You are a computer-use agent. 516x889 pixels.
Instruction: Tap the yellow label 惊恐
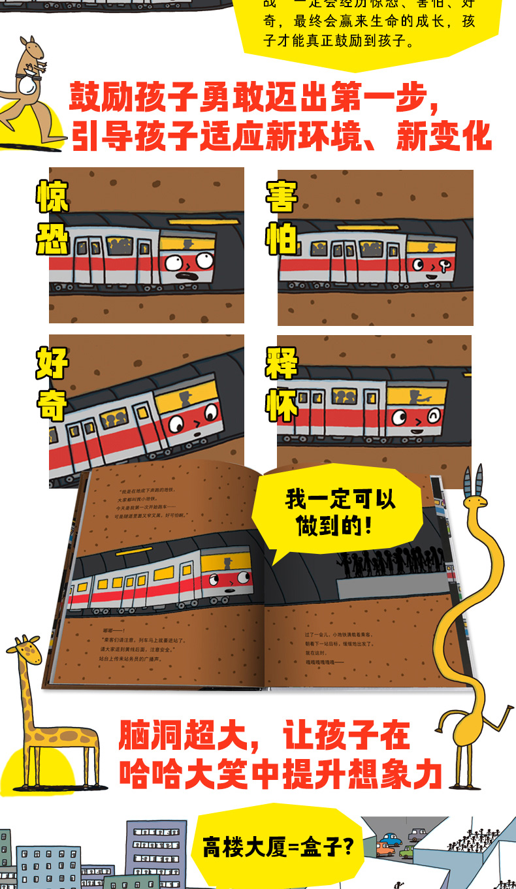[x=52, y=219]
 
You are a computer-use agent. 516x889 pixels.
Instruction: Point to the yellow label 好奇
[x=52, y=385]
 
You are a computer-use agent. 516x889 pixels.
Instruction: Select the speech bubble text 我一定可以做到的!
[x=340, y=513]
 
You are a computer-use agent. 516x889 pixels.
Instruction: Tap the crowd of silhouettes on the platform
[x=392, y=562]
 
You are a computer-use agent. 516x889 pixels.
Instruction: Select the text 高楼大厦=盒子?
[x=278, y=847]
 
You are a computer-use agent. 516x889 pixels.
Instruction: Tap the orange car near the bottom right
[x=385, y=849]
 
